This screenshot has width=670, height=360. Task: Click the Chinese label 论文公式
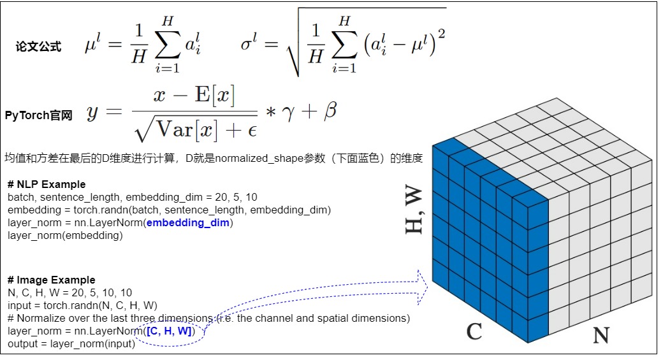click(38, 46)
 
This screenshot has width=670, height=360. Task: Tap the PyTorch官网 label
click(38, 115)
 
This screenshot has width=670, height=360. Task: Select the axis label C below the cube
click(474, 331)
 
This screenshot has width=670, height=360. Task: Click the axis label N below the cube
click(601, 335)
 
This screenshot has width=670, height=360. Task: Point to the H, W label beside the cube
click(414, 210)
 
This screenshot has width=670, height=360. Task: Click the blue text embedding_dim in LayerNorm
click(188, 222)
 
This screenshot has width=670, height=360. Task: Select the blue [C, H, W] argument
click(169, 331)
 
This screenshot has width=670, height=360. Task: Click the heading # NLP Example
click(47, 185)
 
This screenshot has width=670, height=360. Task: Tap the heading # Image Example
click(51, 280)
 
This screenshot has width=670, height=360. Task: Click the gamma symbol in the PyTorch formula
click(288, 113)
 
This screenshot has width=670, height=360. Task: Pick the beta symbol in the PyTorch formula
click(330, 111)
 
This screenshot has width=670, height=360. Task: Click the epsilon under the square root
click(252, 131)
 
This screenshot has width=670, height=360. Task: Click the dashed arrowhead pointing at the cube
click(422, 287)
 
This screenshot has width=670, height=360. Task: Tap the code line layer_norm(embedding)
click(65, 235)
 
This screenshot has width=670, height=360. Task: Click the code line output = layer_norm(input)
click(71, 344)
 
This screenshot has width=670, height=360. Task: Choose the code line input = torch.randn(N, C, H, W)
click(82, 306)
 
